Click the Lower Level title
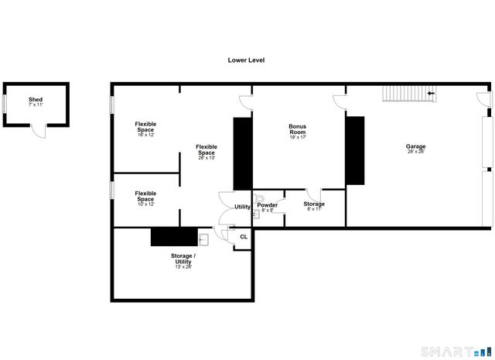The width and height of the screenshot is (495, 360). pyautogui.click(x=246, y=60)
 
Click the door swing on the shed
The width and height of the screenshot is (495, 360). pyautogui.click(x=39, y=131)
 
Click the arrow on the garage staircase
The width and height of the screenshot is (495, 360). pyautogui.click(x=430, y=94)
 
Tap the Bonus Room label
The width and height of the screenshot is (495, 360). pyautogui.click(x=298, y=130)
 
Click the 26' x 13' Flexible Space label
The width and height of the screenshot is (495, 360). pyautogui.click(x=207, y=151)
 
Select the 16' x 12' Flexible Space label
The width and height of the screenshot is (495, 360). pyautogui.click(x=145, y=129)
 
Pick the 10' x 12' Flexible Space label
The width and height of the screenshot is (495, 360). pyautogui.click(x=145, y=197)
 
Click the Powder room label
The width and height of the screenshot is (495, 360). pyautogui.click(x=268, y=207)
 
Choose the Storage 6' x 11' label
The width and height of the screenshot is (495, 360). pyautogui.click(x=314, y=205)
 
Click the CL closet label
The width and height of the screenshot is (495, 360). pyautogui.click(x=243, y=237)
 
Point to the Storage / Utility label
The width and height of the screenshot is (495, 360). pyautogui.click(x=183, y=260)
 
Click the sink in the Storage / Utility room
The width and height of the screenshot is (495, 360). pyautogui.click(x=203, y=239)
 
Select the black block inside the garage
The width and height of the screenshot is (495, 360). pyautogui.click(x=355, y=150)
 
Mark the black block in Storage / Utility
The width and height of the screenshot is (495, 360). pyautogui.click(x=171, y=237)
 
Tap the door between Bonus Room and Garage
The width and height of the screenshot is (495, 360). pyautogui.click(x=339, y=101)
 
